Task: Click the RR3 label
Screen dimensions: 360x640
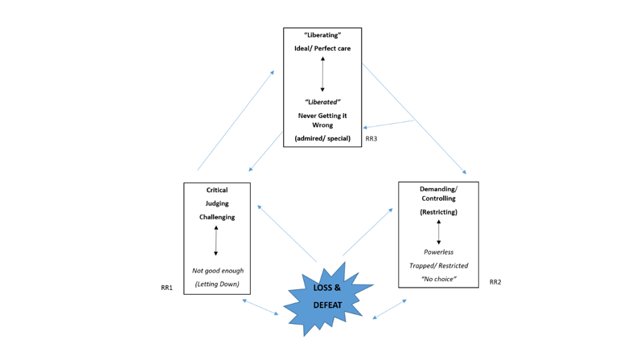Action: tap(371, 139)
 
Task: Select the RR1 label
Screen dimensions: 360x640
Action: tap(166, 287)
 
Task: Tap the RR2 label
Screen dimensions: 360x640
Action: tap(495, 282)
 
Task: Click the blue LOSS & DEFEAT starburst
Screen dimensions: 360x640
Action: tap(327, 297)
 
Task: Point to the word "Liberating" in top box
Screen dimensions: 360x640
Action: tap(322, 35)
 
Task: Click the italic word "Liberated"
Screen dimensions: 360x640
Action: tap(322, 102)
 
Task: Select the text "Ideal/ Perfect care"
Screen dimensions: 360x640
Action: tap(322, 49)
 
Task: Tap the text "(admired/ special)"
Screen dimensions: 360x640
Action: tap(322, 138)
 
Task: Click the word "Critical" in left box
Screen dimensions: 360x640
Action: tap(217, 190)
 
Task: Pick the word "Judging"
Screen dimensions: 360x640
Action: tap(217, 203)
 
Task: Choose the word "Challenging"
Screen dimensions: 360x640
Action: tap(217, 217)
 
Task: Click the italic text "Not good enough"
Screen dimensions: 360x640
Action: tap(217, 271)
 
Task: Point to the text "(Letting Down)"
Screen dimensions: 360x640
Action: tap(217, 284)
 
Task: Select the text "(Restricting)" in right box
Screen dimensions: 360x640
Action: tap(438, 212)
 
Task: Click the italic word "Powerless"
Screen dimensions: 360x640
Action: tap(438, 252)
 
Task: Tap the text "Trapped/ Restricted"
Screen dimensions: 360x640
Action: tap(438, 265)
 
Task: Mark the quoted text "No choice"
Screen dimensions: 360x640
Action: tap(438, 279)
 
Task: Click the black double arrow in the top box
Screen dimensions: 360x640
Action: tap(322, 75)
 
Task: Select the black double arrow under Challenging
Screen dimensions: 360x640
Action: tap(216, 241)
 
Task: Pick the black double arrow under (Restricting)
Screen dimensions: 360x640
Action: tap(438, 232)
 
